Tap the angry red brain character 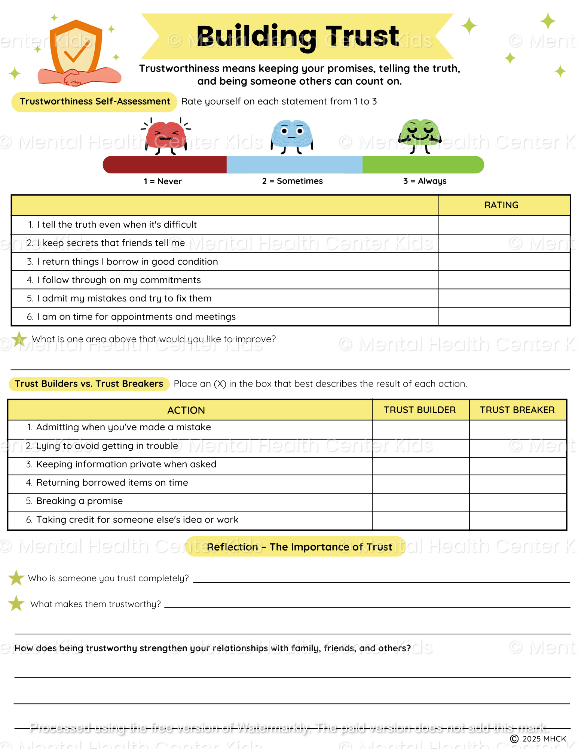point(166,136)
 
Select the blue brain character point(292,135)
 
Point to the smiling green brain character point(420,134)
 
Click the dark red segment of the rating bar point(165,165)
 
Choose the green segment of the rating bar point(423,165)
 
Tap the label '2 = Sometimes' point(292,181)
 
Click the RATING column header point(501,205)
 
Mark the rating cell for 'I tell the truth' point(504,225)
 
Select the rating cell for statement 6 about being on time point(504,317)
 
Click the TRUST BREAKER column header point(517,410)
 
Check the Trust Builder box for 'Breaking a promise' point(420,502)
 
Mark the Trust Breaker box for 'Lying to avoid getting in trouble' point(518,448)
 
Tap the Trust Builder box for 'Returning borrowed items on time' point(420,484)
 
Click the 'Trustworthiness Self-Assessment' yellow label point(95,101)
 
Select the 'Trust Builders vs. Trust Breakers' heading point(89,384)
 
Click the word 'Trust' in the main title point(362,36)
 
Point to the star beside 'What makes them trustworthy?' point(16,603)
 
